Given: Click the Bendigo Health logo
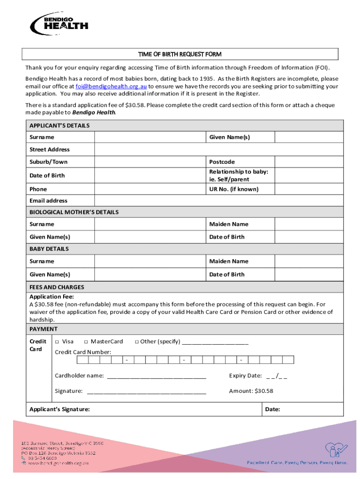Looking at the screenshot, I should [x=59, y=23].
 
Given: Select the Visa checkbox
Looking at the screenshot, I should [x=57, y=342].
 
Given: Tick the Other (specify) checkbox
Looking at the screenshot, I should [x=137, y=342].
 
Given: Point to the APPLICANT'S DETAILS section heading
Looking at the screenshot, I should [x=59, y=125].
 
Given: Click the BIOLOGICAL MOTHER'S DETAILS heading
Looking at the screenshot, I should [x=74, y=212].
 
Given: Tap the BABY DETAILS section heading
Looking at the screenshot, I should [x=49, y=249].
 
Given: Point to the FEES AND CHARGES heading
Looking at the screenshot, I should [x=57, y=287].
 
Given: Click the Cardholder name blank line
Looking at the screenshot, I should [x=157, y=376].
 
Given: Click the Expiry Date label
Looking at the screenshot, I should [x=245, y=376].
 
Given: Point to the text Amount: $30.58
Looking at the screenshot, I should [x=251, y=391].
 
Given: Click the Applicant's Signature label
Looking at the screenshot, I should [x=60, y=409].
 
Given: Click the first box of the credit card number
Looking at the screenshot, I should [x=82, y=360].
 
